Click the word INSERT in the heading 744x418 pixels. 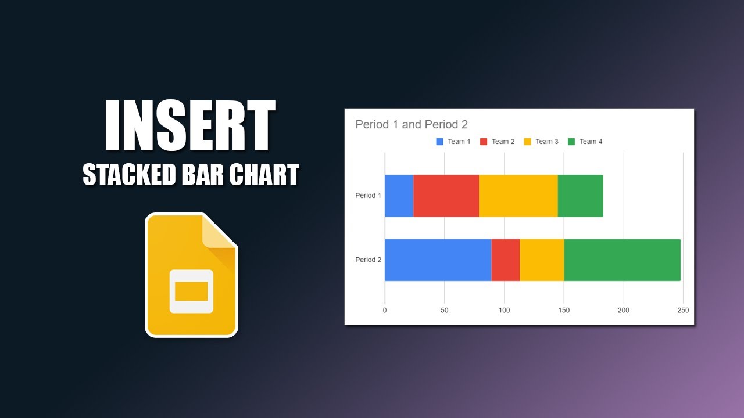(x=189, y=126)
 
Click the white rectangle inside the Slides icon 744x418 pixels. (x=191, y=291)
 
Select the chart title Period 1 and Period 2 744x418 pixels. (x=412, y=125)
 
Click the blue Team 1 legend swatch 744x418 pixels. (x=440, y=142)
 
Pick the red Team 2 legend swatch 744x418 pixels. (x=484, y=142)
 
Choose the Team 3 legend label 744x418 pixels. (x=546, y=142)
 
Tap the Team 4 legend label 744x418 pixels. (x=591, y=142)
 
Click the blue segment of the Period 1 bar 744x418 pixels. (x=399, y=196)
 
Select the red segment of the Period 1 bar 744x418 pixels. (x=446, y=196)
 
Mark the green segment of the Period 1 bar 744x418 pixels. (x=580, y=196)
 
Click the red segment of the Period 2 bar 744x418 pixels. (x=505, y=260)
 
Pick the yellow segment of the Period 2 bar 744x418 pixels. (x=542, y=260)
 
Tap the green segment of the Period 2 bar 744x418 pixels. (x=622, y=260)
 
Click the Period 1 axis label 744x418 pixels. (x=368, y=196)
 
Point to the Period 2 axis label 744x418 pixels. (x=368, y=260)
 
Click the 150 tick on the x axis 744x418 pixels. (x=564, y=311)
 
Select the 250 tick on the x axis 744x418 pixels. (x=683, y=311)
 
